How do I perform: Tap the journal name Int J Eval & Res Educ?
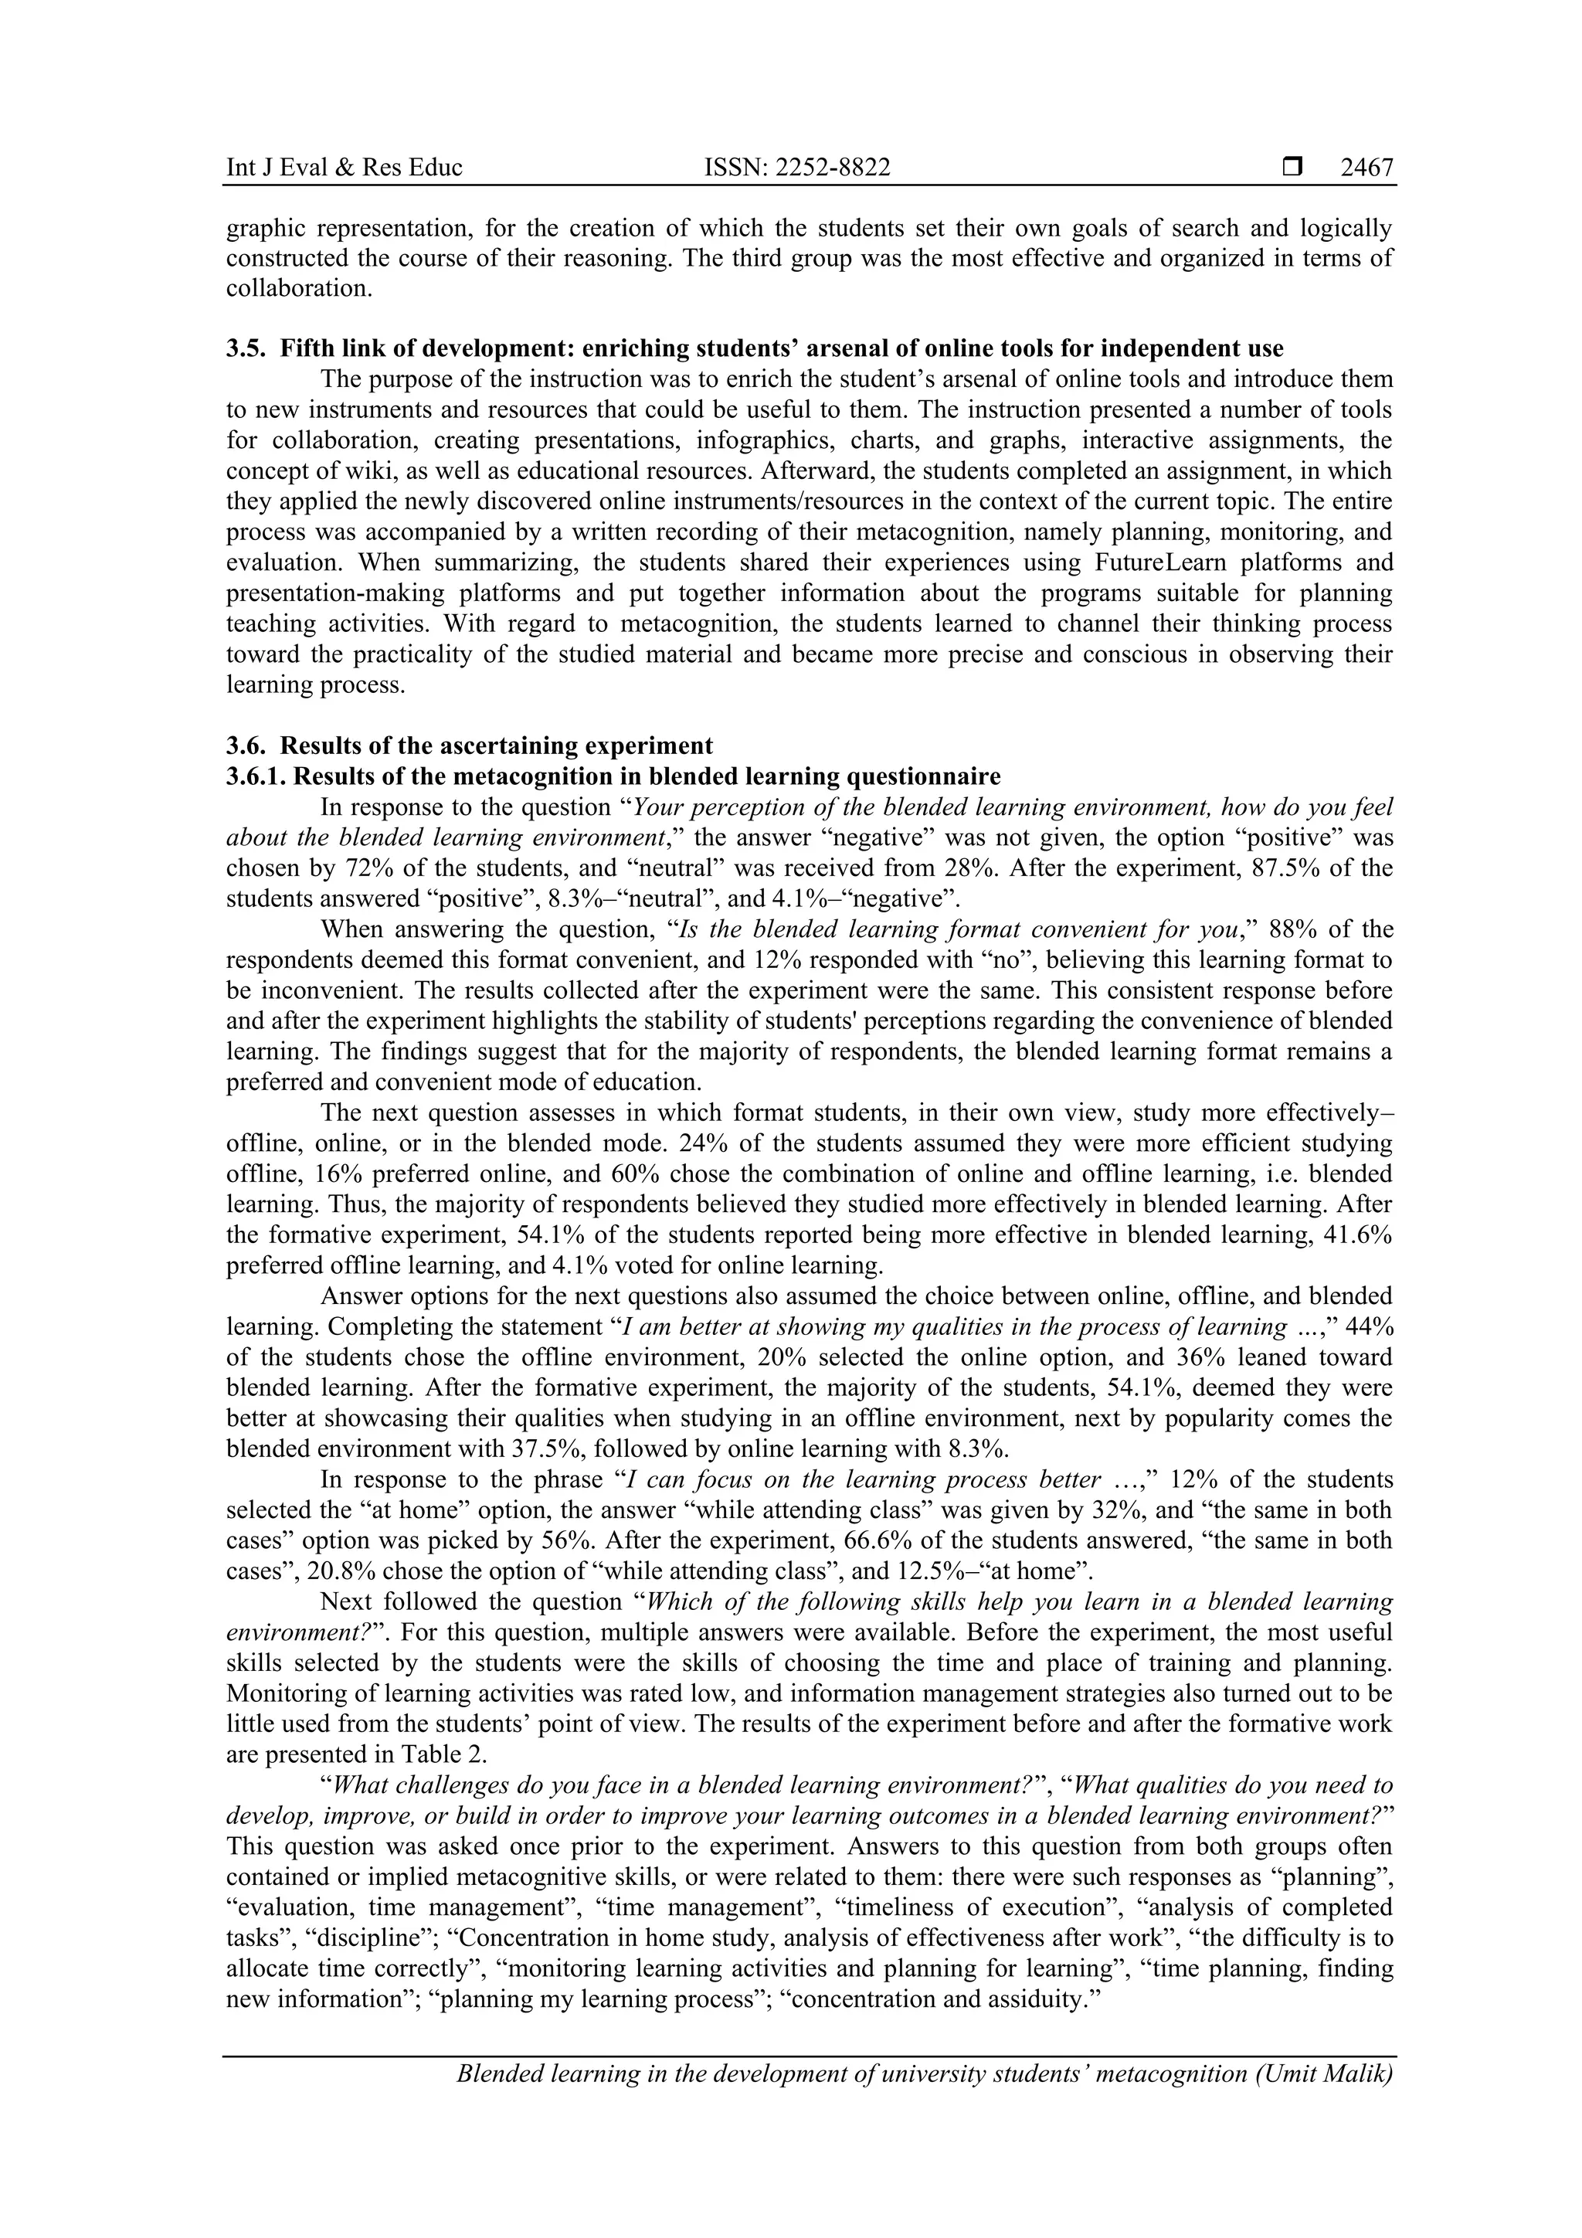[x=344, y=168]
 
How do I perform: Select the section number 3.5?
[x=245, y=348]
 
